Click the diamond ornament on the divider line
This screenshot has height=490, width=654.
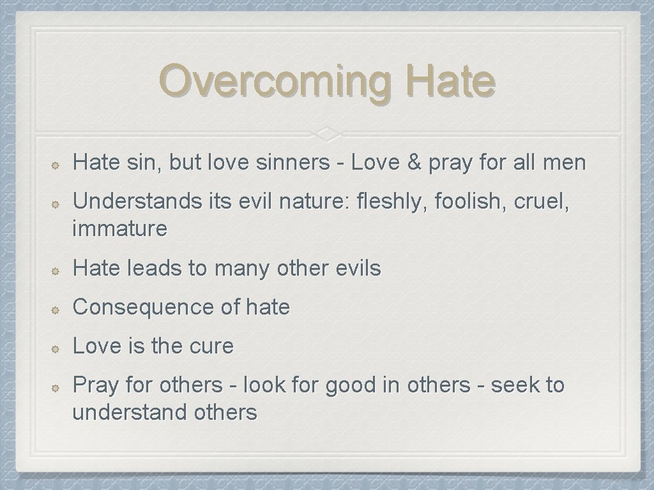pos(326,133)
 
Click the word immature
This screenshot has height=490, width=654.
pos(120,228)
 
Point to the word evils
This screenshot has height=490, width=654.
pos(358,269)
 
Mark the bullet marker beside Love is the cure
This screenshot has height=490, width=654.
pos(56,348)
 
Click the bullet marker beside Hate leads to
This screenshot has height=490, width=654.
pos(56,270)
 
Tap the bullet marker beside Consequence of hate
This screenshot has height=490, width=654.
pos(56,309)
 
